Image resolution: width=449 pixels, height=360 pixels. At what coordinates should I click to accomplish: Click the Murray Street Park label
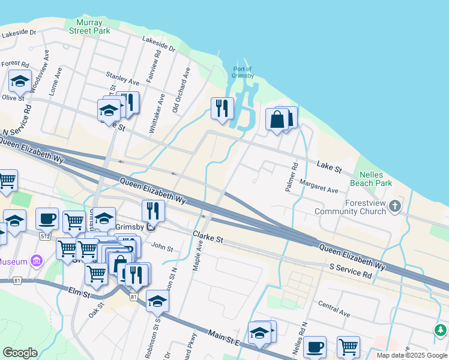point(89,26)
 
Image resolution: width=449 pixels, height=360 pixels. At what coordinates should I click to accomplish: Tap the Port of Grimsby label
point(242,72)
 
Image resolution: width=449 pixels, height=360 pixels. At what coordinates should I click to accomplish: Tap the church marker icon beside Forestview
point(394,207)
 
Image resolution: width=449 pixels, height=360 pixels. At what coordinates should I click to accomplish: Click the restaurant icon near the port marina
point(222,109)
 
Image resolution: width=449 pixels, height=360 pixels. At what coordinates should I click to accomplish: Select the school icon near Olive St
point(20,82)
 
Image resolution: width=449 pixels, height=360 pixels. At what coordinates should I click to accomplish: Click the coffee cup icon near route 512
point(47,219)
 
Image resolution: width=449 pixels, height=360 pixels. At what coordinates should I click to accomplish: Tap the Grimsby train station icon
point(151,226)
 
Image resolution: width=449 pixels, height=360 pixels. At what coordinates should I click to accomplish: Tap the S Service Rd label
point(350,269)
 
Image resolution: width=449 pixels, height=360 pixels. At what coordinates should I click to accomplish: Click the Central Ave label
point(334,309)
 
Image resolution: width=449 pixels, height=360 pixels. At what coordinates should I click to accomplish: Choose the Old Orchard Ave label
point(181,90)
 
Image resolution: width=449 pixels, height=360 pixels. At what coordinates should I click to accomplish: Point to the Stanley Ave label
point(122,78)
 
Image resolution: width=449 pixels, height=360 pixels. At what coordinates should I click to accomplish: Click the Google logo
point(20,353)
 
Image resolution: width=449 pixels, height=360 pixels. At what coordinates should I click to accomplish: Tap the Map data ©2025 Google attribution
point(411,355)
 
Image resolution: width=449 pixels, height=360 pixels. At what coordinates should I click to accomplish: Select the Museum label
point(14,262)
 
